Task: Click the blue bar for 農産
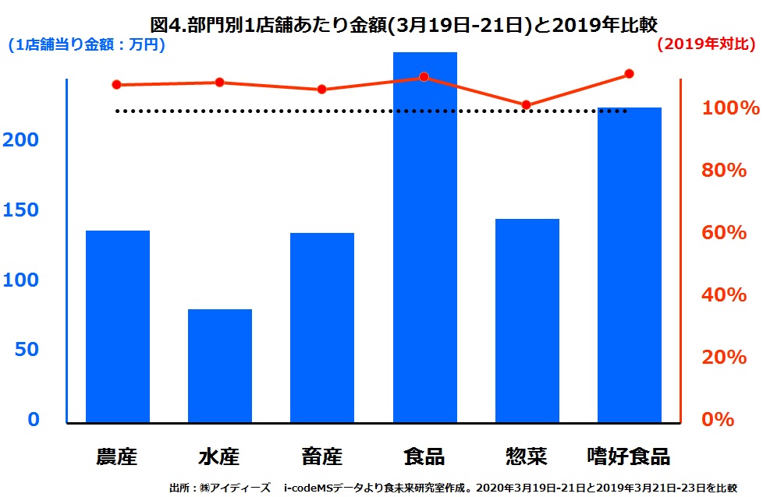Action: click(117, 326)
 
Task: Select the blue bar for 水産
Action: click(219, 365)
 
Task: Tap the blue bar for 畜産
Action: click(321, 327)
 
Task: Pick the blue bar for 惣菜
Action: click(527, 320)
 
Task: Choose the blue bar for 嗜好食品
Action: click(629, 265)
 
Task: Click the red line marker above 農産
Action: click(117, 85)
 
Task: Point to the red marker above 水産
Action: click(219, 83)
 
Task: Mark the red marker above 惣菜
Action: click(527, 105)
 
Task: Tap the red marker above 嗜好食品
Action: click(629, 75)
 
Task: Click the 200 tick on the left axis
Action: click(23, 140)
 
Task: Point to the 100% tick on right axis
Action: click(730, 108)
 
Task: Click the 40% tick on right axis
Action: click(725, 295)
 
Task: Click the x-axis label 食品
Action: click(424, 456)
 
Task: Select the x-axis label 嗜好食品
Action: click(628, 456)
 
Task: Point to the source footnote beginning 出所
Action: click(452, 488)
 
